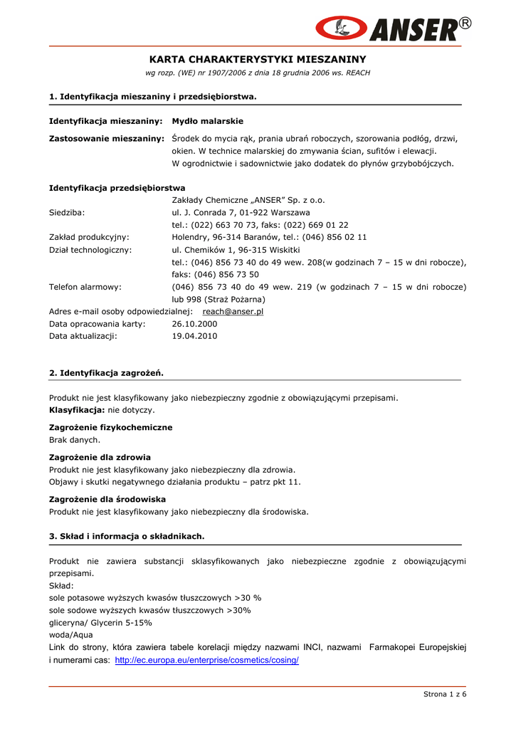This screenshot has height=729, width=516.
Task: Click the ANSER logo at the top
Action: click(392, 28)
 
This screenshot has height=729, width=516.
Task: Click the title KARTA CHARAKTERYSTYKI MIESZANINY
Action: click(258, 59)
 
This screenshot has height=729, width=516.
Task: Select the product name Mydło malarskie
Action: click(207, 121)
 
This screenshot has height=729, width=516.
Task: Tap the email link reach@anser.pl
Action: click(233, 312)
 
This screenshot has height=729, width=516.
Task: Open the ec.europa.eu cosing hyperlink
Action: click(206, 660)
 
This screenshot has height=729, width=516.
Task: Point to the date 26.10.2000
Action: click(194, 324)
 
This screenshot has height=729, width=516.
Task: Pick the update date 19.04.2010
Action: click(194, 336)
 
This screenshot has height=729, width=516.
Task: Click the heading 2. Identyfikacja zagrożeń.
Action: click(106, 372)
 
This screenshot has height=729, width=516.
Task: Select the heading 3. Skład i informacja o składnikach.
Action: click(127, 536)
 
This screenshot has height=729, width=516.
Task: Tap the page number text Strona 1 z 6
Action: click(445, 694)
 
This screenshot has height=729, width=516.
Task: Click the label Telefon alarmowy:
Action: click(85, 287)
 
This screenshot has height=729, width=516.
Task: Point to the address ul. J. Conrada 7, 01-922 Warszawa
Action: click(241, 212)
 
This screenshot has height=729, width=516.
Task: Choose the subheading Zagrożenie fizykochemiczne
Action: click(110, 427)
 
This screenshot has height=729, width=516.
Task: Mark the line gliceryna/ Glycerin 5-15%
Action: click(100, 622)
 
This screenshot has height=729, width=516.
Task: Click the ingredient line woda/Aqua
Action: click(70, 634)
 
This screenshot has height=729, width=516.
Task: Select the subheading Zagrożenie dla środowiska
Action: click(107, 499)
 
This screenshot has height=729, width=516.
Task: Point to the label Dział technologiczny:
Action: click(90, 250)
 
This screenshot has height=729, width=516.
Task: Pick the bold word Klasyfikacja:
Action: click(77, 410)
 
